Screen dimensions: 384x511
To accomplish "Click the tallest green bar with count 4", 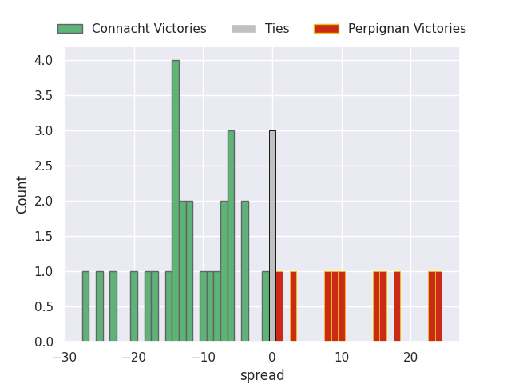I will click(176, 201).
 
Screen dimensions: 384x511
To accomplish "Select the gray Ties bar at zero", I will click(272, 236).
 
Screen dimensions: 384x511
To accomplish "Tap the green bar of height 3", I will click(231, 236).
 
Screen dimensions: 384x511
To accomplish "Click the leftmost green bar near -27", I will click(85, 306).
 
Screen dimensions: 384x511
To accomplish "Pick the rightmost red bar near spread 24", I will click(438, 306).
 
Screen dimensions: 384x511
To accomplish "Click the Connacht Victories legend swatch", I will click(70, 29).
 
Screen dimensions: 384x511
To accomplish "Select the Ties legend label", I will click(277, 29).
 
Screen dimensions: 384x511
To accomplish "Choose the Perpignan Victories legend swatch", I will click(326, 29).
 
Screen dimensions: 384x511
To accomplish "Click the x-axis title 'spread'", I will click(262, 375).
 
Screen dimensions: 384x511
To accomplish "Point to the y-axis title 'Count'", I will click(22, 194).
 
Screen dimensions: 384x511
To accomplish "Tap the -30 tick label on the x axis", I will click(65, 357).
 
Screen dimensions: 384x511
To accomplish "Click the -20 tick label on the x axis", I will click(134, 357).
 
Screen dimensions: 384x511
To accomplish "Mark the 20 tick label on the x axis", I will click(410, 357).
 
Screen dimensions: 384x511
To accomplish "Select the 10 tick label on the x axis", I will click(342, 357).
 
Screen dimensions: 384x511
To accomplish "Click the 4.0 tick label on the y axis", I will click(43, 61).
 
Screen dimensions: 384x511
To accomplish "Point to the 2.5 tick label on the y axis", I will click(43, 166).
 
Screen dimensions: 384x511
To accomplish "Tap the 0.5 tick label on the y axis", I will click(43, 307).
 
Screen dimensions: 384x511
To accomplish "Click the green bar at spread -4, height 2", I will click(245, 271).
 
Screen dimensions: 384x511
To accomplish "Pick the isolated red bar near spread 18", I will click(397, 306).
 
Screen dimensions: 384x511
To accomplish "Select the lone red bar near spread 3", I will click(293, 306).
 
